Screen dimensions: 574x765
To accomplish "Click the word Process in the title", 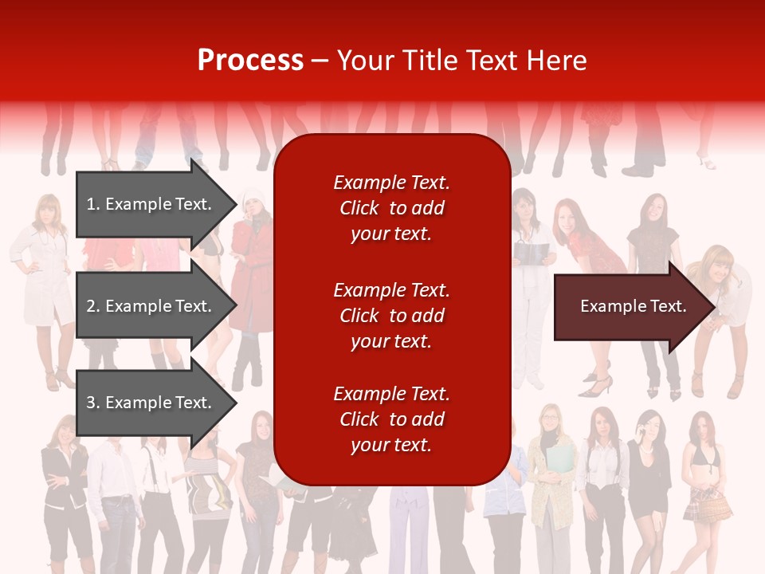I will (x=250, y=61).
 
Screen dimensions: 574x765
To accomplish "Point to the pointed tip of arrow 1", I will (x=235, y=204).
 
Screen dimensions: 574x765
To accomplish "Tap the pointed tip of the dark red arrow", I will (x=714, y=307).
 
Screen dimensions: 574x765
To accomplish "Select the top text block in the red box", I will (x=391, y=208).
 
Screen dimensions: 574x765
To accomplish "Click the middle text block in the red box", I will (x=391, y=316).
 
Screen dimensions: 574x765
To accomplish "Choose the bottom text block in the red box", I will (x=391, y=419).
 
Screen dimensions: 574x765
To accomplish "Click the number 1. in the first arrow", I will (x=93, y=204).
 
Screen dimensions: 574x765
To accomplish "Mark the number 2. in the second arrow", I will (x=93, y=306).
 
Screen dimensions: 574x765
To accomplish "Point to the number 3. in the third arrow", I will (x=93, y=403).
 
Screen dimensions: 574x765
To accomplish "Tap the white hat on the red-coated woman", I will (x=253, y=195).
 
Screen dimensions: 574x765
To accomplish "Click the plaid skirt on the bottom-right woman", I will (x=707, y=504).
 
